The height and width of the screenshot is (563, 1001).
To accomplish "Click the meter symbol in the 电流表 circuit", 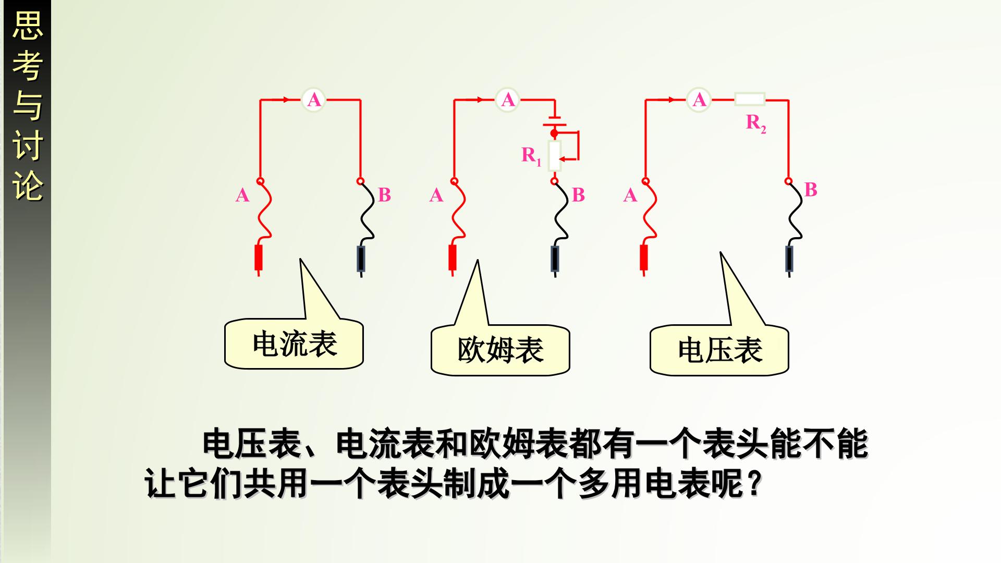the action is (x=314, y=99).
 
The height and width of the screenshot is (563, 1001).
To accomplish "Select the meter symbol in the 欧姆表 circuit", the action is (x=507, y=99).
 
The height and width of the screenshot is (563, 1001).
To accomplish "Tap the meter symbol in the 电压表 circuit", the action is (x=699, y=99).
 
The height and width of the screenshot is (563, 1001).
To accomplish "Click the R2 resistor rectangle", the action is (x=750, y=99).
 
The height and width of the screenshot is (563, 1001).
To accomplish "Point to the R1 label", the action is (x=532, y=156).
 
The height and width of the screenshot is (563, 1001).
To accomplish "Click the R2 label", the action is (x=756, y=124).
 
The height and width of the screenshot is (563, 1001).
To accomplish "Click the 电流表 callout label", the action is (x=294, y=344).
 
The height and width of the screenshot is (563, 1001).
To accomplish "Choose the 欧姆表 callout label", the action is (x=500, y=350).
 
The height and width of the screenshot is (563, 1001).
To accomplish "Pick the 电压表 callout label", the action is (x=719, y=350).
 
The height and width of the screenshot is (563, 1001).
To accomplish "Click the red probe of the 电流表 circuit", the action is (x=259, y=259).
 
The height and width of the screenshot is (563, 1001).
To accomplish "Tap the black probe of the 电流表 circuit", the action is (x=361, y=259).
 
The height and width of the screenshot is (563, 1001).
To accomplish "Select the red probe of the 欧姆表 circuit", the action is (x=453, y=259).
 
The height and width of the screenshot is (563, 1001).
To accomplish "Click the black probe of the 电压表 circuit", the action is (x=789, y=259).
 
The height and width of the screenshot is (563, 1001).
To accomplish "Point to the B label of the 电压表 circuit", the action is (x=811, y=190).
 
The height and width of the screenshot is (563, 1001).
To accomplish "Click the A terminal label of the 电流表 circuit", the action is (x=242, y=195).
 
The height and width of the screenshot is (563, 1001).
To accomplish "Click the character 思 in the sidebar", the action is (x=27, y=26).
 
